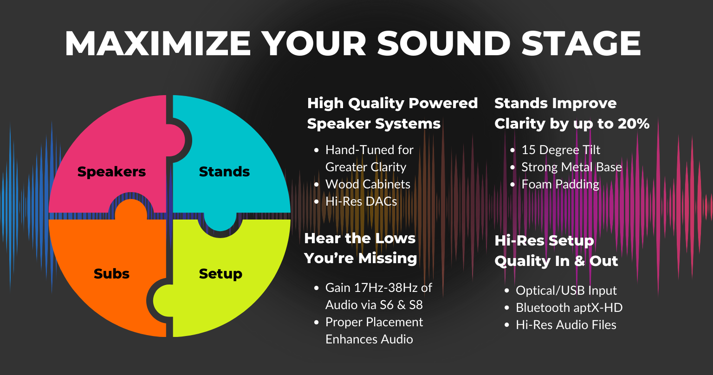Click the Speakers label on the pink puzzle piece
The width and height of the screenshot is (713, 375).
(x=111, y=172)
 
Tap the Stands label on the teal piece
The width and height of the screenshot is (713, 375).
(x=224, y=172)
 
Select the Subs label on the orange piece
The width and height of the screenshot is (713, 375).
(x=111, y=274)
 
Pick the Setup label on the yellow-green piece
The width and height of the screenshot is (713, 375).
(x=220, y=274)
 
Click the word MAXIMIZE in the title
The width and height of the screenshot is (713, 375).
(x=158, y=44)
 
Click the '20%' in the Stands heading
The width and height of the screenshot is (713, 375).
(x=634, y=123)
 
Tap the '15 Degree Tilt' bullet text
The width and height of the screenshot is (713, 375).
(x=561, y=150)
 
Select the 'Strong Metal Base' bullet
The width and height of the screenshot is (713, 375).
(x=571, y=167)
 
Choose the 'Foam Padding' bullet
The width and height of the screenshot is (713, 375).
(x=560, y=184)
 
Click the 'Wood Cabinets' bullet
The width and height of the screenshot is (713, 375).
(x=368, y=184)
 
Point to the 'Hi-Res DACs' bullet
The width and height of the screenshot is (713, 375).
(x=361, y=201)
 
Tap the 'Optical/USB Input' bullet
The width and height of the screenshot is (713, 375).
(x=566, y=291)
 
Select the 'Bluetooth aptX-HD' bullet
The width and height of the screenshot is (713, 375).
(x=569, y=308)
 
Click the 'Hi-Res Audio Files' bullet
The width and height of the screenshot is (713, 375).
(x=566, y=325)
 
